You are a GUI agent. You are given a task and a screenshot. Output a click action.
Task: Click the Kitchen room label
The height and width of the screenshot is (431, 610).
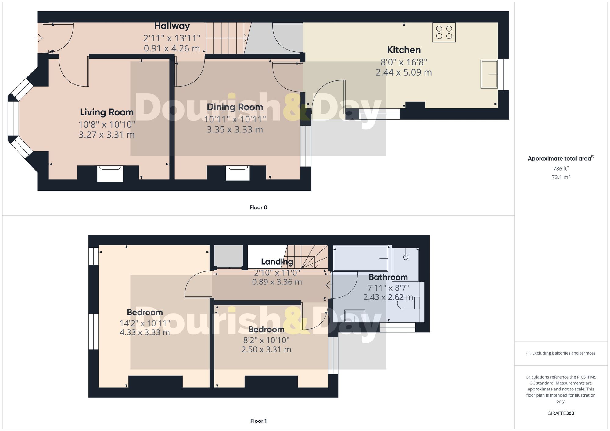coord(404,50)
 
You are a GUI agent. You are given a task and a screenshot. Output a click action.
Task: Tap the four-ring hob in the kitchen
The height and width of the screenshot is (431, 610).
coord(444,32)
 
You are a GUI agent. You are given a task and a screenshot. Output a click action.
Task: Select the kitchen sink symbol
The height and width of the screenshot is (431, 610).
coord(489,74)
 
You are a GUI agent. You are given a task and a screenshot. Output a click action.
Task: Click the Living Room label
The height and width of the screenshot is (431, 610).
coord(106,112)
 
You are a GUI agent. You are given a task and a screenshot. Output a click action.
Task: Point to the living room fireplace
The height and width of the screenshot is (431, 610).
coord(110,173)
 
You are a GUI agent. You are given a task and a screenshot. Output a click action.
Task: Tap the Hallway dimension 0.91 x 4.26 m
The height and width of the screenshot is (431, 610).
coord(172,48)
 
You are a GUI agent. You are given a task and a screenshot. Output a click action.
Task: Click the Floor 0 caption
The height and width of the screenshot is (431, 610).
coord(258,207)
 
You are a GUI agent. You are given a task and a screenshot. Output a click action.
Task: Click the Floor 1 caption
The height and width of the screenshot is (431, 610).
coord(258,421)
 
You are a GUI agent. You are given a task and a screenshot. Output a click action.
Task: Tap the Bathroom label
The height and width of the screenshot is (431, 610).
coord(388,277)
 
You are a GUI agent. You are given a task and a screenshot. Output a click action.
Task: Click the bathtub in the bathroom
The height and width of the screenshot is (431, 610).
coord(361,258)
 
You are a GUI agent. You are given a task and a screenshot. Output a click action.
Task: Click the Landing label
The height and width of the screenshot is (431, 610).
coord(277,262)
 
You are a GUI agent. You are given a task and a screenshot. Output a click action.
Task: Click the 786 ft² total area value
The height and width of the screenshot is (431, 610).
coord(561,168)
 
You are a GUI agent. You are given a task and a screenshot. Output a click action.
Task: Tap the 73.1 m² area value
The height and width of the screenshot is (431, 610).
coord(561,177)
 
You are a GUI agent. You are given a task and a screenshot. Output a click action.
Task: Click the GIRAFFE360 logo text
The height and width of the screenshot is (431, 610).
coord(561,413)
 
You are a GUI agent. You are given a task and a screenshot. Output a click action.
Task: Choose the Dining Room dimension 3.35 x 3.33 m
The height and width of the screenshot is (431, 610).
coord(235,130)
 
